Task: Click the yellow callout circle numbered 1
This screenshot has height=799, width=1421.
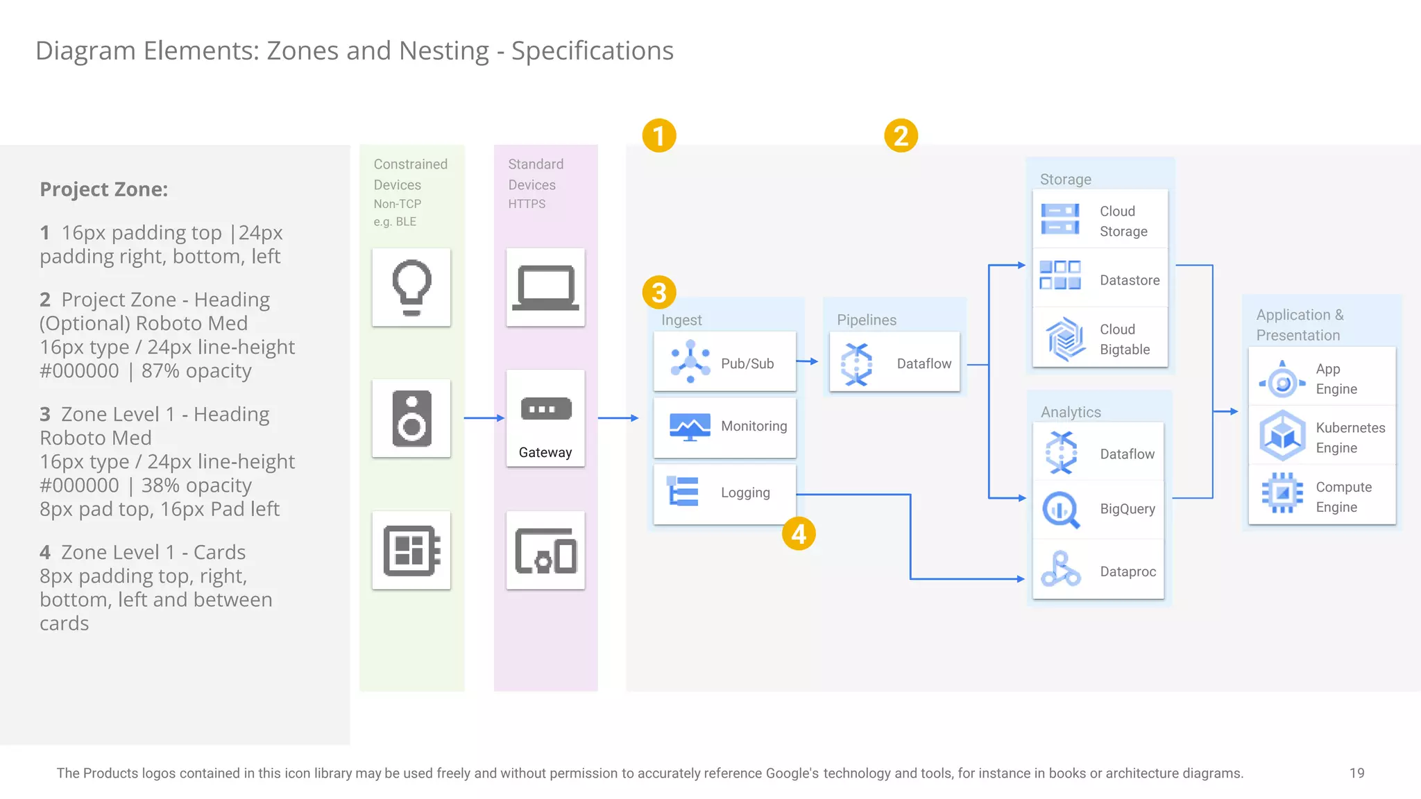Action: coord(658,135)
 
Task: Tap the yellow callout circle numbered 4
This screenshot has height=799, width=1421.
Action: coord(799,534)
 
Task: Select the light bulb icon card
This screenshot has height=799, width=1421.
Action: coord(411,287)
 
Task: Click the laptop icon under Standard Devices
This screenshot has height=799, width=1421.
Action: coord(545,287)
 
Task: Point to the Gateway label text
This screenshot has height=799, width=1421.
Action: coord(545,452)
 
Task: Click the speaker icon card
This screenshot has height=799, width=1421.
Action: coord(411,418)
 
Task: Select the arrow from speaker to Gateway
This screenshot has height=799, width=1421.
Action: coord(484,418)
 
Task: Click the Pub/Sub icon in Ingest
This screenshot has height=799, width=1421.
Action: coord(690,361)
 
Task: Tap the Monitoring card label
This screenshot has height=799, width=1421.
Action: coord(754,426)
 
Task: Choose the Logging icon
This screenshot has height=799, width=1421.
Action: coord(683,492)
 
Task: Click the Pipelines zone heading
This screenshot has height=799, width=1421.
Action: coord(866,320)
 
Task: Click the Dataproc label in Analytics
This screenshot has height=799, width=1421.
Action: coord(1128,572)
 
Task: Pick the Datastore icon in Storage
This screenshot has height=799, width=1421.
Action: coord(1060,275)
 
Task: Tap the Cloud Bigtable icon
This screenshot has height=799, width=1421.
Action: coord(1064,339)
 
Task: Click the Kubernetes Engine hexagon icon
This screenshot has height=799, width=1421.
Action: coord(1282,436)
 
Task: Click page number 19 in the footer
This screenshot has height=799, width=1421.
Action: coord(1356,773)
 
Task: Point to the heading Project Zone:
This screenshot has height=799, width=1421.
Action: coord(104,189)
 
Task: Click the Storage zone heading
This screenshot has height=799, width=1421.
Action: coord(1065,179)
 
